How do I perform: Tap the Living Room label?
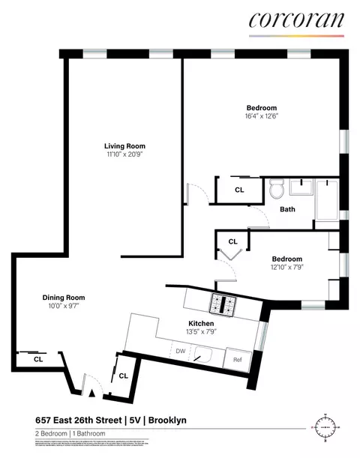[124, 146]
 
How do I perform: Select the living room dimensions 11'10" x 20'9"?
[124, 154]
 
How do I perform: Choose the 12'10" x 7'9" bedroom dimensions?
[287, 267]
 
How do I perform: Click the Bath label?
[288, 209]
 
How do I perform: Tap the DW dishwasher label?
[180, 351]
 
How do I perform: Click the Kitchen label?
[202, 323]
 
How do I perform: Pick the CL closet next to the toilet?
[239, 190]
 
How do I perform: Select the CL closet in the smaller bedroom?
[232, 241]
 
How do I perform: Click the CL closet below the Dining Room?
[37, 360]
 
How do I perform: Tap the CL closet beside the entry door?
[123, 376]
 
